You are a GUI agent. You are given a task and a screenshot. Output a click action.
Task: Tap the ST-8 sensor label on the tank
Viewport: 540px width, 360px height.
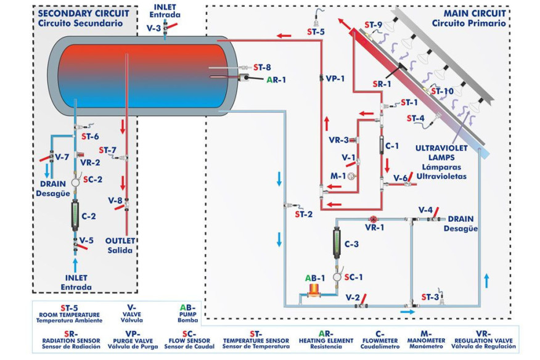coord(263,67)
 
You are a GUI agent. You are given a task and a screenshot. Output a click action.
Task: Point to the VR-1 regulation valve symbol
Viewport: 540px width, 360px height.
coord(372,219)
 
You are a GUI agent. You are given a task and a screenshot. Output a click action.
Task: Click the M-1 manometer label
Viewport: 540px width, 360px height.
coord(337,176)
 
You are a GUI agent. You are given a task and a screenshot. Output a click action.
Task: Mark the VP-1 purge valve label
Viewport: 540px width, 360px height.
coord(335,79)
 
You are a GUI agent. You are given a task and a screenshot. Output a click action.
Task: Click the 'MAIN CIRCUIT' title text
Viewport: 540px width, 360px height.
coord(474,13)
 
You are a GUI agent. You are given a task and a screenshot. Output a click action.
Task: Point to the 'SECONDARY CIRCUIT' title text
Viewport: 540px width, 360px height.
coord(83,13)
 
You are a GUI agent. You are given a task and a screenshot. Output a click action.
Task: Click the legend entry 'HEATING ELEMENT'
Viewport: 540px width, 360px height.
coord(325,340)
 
